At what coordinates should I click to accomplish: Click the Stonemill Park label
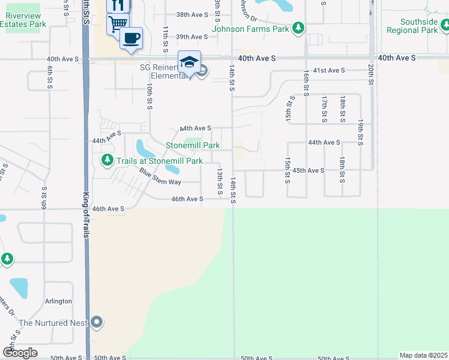[193, 146]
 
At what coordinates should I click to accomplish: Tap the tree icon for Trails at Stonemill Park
[107, 160]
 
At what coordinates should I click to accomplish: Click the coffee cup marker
[131, 38]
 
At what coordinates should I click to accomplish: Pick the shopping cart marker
[118, 23]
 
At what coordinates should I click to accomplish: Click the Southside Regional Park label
[412, 26]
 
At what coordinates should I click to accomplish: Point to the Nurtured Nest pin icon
[97, 323]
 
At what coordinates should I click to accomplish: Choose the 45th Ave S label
[309, 170]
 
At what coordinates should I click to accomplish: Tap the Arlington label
[58, 301]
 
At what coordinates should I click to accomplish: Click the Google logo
[20, 353]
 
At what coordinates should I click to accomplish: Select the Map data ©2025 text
[423, 355]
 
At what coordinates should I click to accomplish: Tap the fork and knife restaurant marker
[118, 5]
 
